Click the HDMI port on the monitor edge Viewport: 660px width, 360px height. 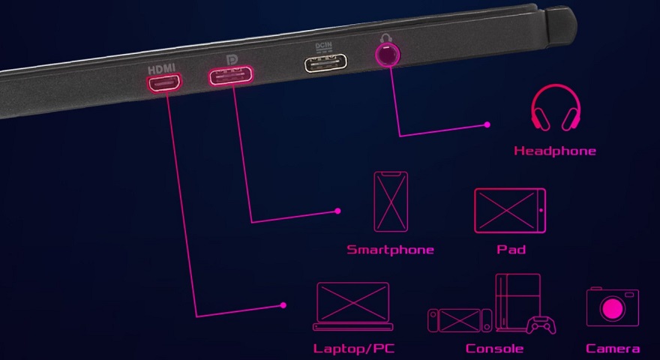click(x=164, y=82)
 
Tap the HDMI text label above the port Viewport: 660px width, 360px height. click(x=162, y=69)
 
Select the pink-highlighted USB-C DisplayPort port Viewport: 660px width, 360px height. click(x=231, y=76)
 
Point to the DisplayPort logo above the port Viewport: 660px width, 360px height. click(x=232, y=60)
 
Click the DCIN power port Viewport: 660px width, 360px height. click(x=325, y=64)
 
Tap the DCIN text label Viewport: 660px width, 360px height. click(x=324, y=46)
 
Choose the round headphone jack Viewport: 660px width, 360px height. click(x=388, y=55)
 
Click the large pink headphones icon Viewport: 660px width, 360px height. click(x=556, y=107)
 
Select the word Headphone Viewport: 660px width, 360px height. click(x=555, y=151)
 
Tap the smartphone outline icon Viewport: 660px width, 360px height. click(x=391, y=201)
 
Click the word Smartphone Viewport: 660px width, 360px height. click(x=390, y=250)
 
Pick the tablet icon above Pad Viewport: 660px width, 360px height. click(x=510, y=211)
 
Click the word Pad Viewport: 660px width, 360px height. click(x=511, y=250)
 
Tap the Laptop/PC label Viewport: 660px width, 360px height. click(x=354, y=349)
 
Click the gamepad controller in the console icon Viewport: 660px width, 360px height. click(x=541, y=326)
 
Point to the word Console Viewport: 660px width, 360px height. click(x=494, y=349)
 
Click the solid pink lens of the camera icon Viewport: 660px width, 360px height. click(x=613, y=309)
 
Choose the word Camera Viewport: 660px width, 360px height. click(x=613, y=349)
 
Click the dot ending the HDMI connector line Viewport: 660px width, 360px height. click(x=283, y=305)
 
